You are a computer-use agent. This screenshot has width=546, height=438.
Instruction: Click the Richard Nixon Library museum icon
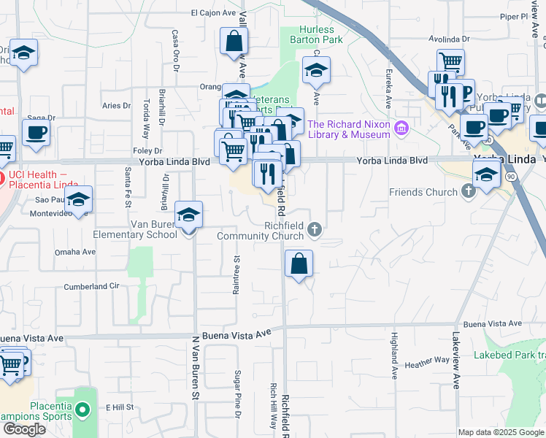pos(400,129)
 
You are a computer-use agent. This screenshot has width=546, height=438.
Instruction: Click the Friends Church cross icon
pos(467,192)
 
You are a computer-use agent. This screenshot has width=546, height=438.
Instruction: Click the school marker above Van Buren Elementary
pos(189,214)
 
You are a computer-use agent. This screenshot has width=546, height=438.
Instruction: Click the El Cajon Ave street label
pos(214,12)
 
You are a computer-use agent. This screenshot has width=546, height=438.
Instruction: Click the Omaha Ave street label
pos(80,252)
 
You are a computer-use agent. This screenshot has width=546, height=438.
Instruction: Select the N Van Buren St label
pos(196,368)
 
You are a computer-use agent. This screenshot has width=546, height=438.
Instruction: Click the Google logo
pos(23,429)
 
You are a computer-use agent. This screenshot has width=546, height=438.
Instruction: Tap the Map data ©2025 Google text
pos(500,432)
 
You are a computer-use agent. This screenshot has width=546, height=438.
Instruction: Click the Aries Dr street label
pos(116,105)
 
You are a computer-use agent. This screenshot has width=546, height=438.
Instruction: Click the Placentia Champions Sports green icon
pos(83,412)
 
